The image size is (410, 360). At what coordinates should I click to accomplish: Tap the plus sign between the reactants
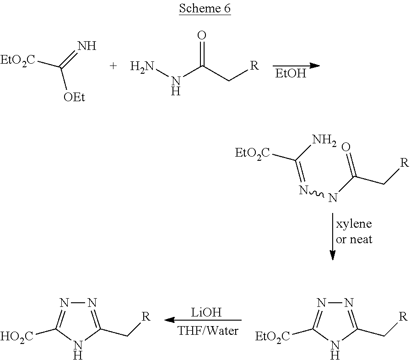pos(113,66)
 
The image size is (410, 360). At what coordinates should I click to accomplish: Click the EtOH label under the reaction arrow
pos(291,74)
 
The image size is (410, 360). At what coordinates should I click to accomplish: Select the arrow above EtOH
pos(295,65)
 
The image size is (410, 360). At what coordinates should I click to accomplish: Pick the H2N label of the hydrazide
pos(142,66)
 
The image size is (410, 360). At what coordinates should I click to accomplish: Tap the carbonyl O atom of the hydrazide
pos(201,35)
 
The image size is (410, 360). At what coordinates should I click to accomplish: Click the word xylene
pos(354,224)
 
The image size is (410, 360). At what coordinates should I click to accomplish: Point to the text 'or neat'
pos(354,239)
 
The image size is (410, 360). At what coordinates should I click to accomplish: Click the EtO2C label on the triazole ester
pos(272,337)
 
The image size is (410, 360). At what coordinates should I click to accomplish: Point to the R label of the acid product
pos(146,316)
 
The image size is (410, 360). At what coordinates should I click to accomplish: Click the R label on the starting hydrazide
pos(254,65)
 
